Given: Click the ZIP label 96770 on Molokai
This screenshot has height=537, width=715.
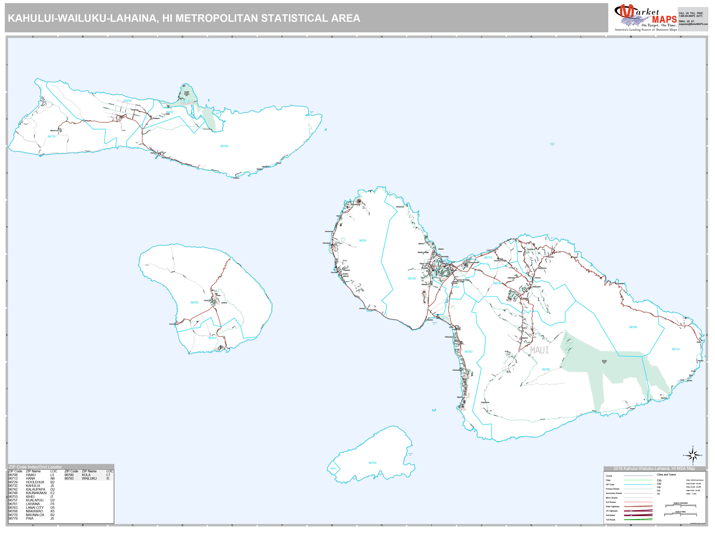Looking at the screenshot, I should [51, 137].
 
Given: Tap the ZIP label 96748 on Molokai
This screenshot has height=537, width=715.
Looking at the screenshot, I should [224, 146].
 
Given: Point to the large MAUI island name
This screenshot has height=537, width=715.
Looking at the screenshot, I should [539, 350].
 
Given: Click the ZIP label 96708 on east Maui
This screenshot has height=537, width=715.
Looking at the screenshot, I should [633, 327].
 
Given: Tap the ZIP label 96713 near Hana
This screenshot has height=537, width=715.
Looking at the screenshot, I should [675, 349].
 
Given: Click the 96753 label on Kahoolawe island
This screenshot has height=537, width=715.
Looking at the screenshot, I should [372, 463].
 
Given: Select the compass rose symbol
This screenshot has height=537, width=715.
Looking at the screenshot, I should [692, 455].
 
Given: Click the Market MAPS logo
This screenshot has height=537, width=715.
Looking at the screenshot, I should [645, 18].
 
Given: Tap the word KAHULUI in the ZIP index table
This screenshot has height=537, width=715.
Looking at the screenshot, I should [33, 486].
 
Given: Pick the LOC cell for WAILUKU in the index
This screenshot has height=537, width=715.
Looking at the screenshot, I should [108, 478].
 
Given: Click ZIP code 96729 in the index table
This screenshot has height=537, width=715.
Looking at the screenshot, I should [13, 482].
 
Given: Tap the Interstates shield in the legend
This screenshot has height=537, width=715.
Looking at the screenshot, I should [631, 515].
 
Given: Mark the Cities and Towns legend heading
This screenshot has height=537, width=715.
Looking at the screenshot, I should [666, 474].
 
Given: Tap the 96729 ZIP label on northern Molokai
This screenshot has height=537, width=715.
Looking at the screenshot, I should [127, 101].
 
